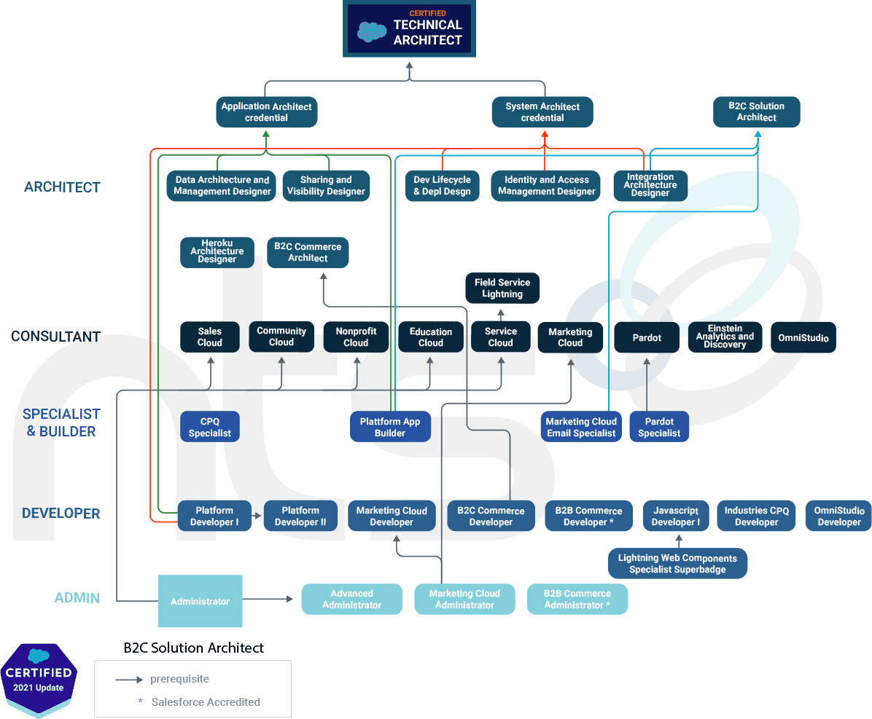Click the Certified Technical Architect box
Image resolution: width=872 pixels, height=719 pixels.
click(409, 30)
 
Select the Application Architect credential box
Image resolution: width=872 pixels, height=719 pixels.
click(266, 112)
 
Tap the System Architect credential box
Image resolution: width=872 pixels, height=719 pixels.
click(542, 112)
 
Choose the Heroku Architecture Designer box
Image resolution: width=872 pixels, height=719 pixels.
click(217, 252)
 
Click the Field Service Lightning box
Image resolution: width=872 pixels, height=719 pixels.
click(502, 288)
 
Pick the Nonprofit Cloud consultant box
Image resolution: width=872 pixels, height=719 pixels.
click(356, 337)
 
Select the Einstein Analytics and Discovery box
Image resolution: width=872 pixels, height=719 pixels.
click(725, 337)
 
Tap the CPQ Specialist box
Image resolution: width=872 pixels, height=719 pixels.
click(210, 427)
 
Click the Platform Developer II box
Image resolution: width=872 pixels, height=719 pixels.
click(300, 516)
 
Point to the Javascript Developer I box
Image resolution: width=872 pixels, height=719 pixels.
click(676, 516)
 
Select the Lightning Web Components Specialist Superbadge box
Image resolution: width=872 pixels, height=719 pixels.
click(677, 564)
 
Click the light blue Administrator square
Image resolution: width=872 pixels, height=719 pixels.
click(200, 601)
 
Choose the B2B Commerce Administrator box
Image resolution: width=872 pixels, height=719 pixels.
click(577, 600)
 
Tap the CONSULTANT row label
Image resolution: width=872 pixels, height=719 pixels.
click(55, 337)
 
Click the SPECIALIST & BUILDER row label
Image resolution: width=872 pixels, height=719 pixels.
click(61, 423)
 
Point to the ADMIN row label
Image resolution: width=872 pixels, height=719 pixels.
click(77, 598)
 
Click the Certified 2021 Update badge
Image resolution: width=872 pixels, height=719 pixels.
click(39, 679)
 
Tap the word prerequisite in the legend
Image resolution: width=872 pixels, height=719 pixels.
click(179, 679)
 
